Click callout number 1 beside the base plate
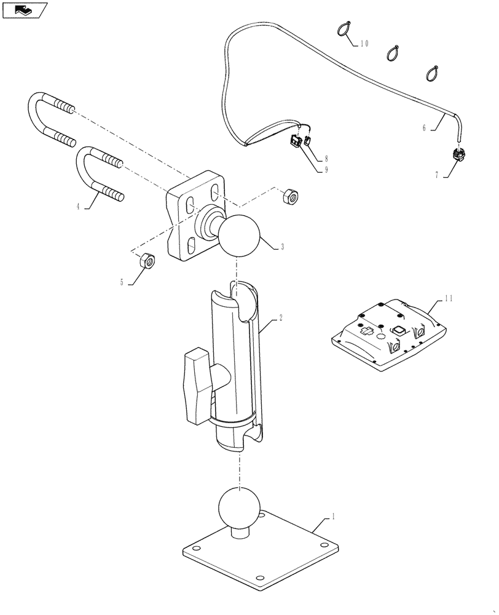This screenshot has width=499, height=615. (x=333, y=518)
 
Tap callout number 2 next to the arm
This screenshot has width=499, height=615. (x=280, y=319)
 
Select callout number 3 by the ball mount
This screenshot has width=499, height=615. (x=282, y=247)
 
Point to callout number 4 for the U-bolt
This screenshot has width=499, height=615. (x=78, y=207)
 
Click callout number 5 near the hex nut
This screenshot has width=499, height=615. (x=122, y=282)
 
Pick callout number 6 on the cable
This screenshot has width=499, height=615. (x=424, y=128)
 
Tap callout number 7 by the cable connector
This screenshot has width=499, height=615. (x=437, y=175)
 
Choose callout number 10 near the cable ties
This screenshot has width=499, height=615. (x=364, y=44)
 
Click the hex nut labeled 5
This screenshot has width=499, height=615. (x=148, y=260)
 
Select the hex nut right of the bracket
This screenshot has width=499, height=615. (x=288, y=197)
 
